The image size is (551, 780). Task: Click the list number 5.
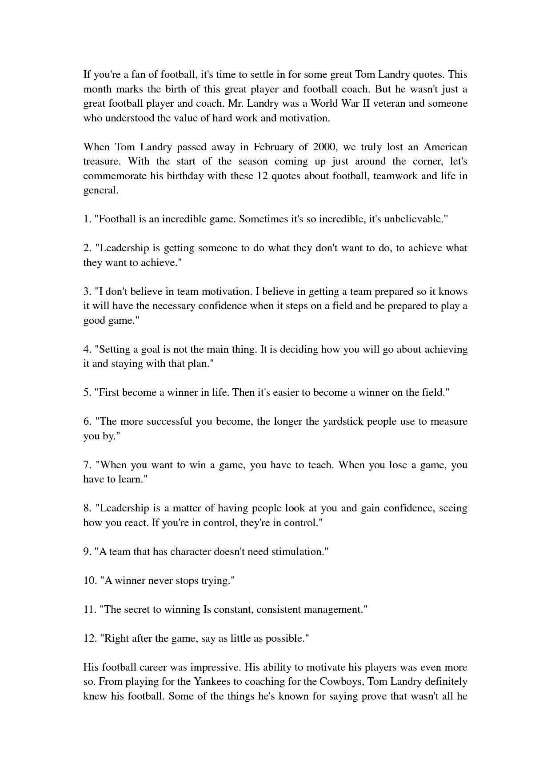coord(87,393)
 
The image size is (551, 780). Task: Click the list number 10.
coord(89,581)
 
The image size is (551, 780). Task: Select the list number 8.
coord(87,508)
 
